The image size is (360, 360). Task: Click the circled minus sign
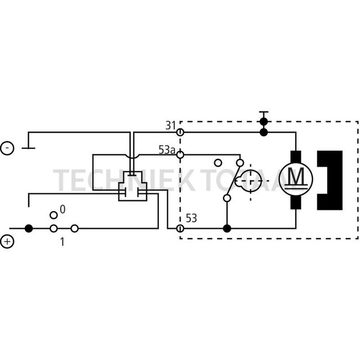(x=7, y=148)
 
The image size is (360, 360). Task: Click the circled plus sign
(x=7, y=241)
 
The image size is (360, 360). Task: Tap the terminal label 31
(x=171, y=126)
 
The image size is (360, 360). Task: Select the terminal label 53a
(x=167, y=150)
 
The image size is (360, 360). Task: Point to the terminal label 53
(x=191, y=218)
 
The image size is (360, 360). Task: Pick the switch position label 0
(x=63, y=209)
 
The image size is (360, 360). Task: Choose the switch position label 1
(x=62, y=242)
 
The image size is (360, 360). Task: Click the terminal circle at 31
(x=180, y=132)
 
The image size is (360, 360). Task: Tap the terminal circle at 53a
(x=180, y=155)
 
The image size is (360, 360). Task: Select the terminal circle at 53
(x=180, y=228)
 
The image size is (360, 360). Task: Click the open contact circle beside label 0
(x=54, y=215)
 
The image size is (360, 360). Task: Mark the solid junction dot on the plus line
(x=29, y=228)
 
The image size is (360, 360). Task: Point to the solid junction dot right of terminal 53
(x=227, y=228)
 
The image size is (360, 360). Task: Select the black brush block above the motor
(x=296, y=157)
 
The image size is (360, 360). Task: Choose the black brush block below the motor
(x=296, y=203)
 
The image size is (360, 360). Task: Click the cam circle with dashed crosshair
(x=250, y=181)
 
